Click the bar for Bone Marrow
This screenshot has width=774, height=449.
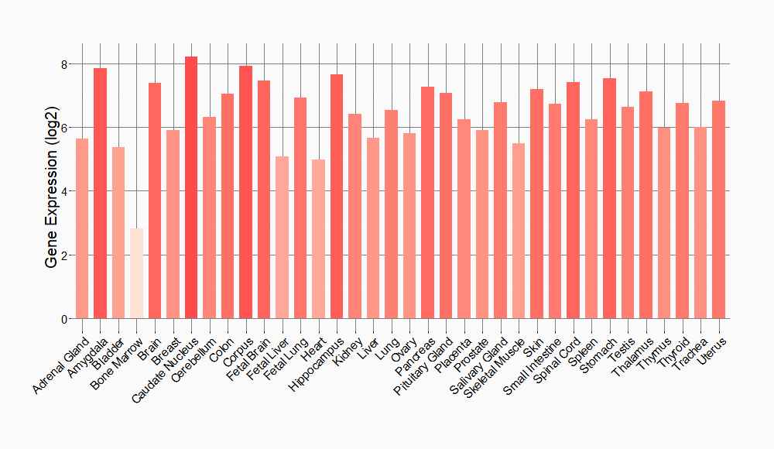[x=136, y=273]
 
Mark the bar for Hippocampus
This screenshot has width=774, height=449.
[x=337, y=197]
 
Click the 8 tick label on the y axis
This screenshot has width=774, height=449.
[x=64, y=63]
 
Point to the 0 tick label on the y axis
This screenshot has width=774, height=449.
[x=64, y=319]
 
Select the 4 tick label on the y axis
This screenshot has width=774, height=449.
[x=64, y=191]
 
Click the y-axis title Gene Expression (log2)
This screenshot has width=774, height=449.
[x=51, y=191]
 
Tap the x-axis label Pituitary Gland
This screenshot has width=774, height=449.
[x=424, y=364]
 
